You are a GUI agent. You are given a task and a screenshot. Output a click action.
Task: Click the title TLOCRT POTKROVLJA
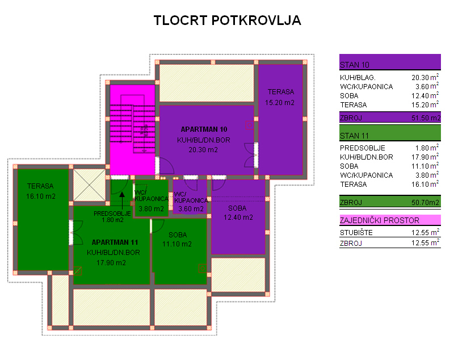228,20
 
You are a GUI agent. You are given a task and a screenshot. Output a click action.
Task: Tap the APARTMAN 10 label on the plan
204,129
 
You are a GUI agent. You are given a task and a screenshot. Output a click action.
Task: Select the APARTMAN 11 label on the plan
115,242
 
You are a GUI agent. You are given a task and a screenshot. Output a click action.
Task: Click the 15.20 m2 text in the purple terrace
280,103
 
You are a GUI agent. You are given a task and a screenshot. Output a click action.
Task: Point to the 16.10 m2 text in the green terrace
41,196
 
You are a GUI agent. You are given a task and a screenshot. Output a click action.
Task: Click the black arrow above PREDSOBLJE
122,200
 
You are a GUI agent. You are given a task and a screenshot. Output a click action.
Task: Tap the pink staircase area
132,129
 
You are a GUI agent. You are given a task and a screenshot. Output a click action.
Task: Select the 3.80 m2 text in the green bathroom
151,209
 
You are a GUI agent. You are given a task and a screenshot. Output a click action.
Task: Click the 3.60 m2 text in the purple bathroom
191,209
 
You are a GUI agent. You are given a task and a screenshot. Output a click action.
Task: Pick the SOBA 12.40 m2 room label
238,213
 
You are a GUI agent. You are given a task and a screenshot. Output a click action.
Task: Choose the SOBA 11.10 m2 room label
177,240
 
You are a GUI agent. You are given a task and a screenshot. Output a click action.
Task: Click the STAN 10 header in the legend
354,65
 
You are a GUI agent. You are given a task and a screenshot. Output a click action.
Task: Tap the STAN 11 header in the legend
354,136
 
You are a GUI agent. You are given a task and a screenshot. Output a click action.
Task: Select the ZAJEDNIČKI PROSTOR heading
379,220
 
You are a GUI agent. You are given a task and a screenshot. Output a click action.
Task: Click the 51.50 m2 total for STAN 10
426,118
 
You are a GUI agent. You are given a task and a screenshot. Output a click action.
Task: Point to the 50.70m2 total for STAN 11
425,203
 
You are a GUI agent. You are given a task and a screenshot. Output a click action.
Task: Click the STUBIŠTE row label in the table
356,233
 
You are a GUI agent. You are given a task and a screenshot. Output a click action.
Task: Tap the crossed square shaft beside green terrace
89,185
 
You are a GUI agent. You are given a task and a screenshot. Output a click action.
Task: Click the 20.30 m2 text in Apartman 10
203,150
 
